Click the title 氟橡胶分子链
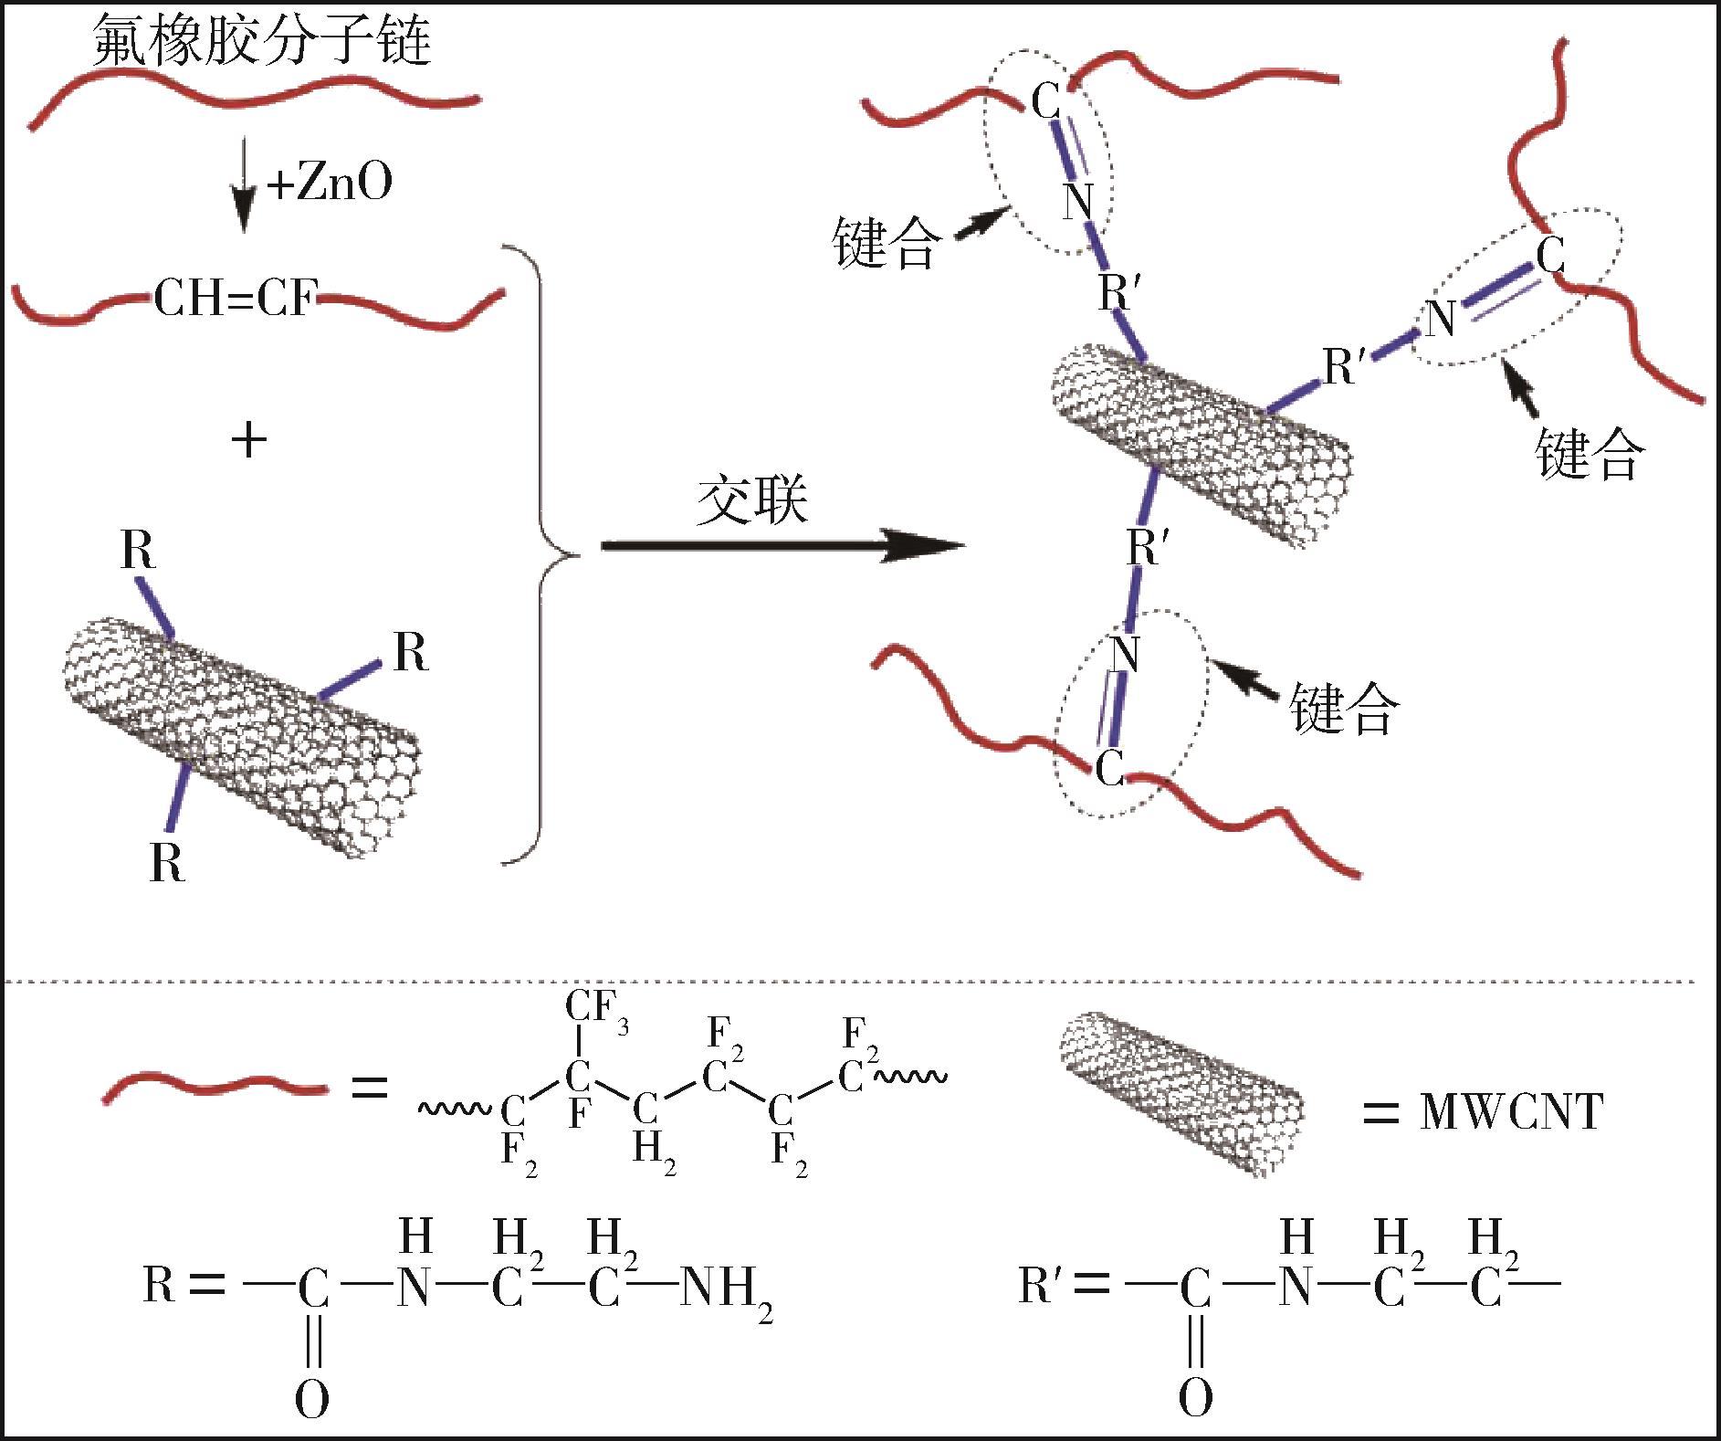click(262, 40)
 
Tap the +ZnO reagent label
click(330, 182)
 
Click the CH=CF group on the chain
click(236, 299)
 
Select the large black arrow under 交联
click(783, 546)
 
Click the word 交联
click(752, 500)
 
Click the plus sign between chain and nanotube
click(249, 441)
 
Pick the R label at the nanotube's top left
click(138, 550)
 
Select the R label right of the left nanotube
click(411, 653)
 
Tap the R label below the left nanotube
click(167, 862)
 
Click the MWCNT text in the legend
click(1511, 1112)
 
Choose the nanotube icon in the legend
click(1181, 1093)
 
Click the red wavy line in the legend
click(215, 1089)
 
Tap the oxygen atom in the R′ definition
click(1195, 1397)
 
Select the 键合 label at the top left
click(886, 243)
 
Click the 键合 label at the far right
click(1590, 452)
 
